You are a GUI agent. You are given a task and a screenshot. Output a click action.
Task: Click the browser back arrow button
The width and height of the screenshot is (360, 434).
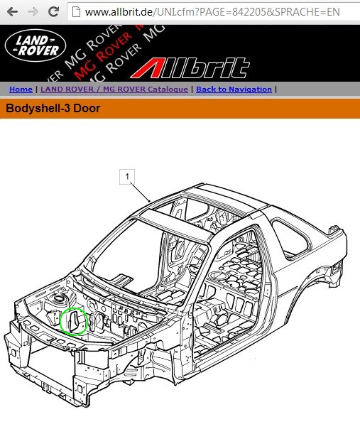pyautogui.click(x=13, y=11)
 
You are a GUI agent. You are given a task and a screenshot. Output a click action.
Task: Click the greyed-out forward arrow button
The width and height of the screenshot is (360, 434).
pyautogui.click(x=33, y=11)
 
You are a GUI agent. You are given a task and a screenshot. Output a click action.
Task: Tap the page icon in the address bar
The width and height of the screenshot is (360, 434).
pyautogui.click(x=76, y=11)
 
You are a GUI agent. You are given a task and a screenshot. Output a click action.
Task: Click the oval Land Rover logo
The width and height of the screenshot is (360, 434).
pyautogui.click(x=36, y=45)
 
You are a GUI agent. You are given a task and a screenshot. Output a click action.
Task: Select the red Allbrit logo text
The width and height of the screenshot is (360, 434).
pyautogui.click(x=190, y=68)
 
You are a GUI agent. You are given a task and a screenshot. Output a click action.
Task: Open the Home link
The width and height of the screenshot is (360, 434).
pyautogui.click(x=21, y=89)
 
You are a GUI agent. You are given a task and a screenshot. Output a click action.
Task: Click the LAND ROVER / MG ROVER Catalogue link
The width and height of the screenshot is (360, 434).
pyautogui.click(x=114, y=89)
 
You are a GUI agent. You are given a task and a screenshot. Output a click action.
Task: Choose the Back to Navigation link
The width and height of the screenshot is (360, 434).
pyautogui.click(x=234, y=89)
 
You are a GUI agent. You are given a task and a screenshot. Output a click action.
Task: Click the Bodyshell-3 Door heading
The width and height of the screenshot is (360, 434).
pyautogui.click(x=53, y=108)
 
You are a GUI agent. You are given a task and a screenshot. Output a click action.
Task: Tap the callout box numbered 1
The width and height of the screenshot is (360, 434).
pyautogui.click(x=127, y=177)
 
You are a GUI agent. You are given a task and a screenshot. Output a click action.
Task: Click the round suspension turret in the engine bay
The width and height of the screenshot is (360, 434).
pyautogui.click(x=59, y=298)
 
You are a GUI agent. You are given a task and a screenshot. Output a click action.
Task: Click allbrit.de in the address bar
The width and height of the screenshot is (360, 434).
pyautogui.click(x=119, y=11)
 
